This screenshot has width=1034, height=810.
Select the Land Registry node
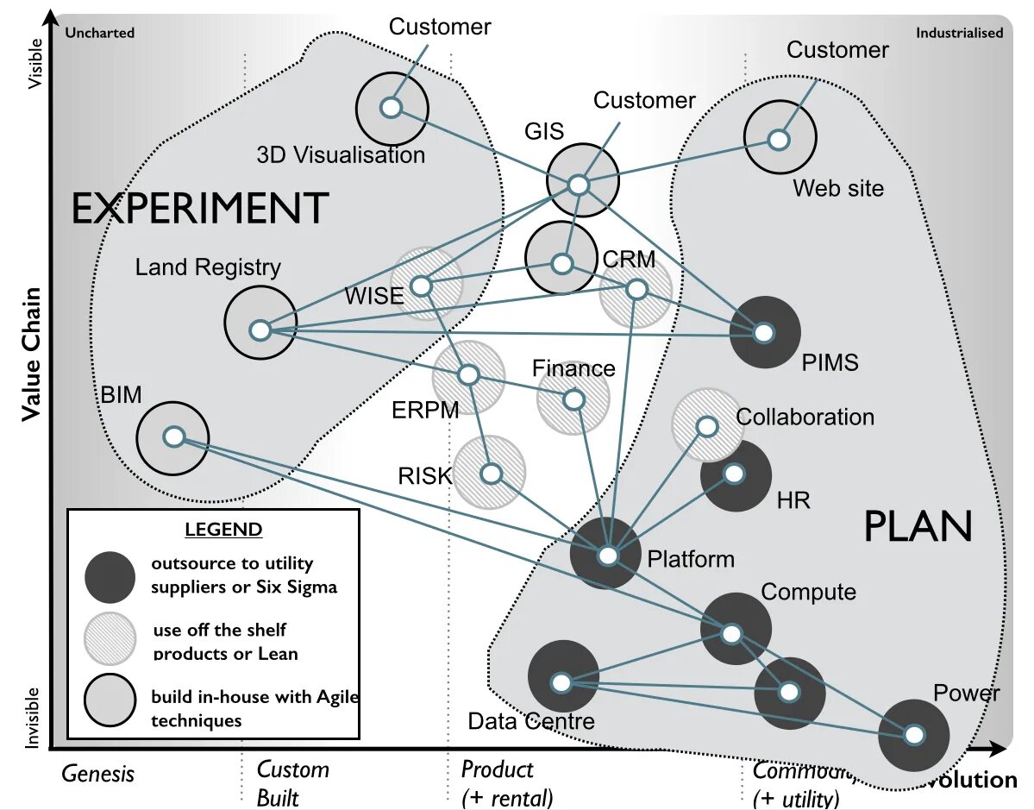coord(260,322)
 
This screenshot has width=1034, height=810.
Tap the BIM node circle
coord(172,437)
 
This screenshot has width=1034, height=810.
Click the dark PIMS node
coord(764,331)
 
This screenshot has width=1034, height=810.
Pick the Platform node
coord(606,554)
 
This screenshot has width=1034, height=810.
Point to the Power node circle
coord(913,735)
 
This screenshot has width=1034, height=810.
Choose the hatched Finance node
coord(573,399)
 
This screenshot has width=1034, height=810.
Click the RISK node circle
coord(490,473)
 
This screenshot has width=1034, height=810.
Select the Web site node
coord(780,138)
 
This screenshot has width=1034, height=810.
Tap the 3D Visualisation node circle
coord(392,109)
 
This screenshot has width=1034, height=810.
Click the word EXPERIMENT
coord(199,209)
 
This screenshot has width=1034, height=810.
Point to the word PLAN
coord(918,526)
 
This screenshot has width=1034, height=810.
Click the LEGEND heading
coord(223,529)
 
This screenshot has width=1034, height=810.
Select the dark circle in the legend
coord(110,577)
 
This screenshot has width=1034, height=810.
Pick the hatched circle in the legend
coord(110,639)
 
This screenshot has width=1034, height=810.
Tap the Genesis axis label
coord(97,773)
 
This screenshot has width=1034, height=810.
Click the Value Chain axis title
coord(31,353)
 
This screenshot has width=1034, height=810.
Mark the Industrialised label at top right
coord(959,33)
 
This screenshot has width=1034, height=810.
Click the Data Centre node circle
coord(562,676)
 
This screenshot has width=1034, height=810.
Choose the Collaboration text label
coord(805,418)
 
